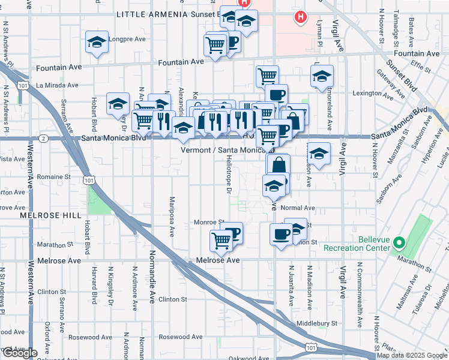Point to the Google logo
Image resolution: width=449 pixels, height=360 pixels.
(19, 353)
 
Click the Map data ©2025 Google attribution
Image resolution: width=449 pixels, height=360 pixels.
(412, 355)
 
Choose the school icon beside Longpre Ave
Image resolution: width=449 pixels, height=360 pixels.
(97, 43)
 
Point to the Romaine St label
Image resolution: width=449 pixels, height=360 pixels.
(54, 177)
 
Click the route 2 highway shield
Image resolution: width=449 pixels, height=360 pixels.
(44, 139)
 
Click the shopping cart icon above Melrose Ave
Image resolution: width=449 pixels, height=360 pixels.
(221, 239)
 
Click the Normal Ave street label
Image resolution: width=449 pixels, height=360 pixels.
(297, 208)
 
